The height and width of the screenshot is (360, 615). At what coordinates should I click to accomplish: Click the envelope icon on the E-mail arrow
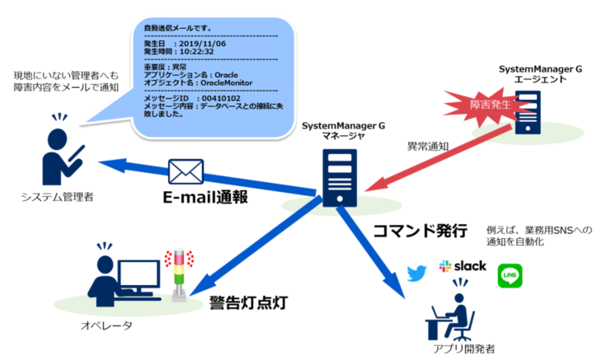[185, 171]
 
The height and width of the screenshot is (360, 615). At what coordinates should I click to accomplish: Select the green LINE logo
[510, 275]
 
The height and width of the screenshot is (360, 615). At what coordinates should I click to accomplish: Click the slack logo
[463, 267]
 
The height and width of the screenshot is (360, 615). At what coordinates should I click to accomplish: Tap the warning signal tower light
[176, 272]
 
